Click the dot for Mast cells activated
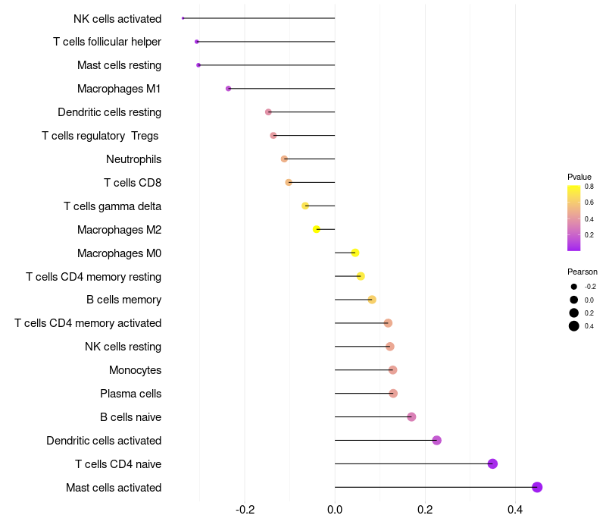537,487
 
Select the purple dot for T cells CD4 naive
492,463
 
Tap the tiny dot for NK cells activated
183,18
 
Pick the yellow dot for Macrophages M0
355,253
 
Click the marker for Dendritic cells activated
437,441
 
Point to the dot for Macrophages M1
229,89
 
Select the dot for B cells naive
411,416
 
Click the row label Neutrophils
134,159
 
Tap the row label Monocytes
136,370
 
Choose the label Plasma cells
130,394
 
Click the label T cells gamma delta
112,206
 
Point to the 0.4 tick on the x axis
515,510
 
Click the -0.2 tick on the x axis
245,510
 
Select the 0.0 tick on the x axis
335,510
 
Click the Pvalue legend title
579,177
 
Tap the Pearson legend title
583,272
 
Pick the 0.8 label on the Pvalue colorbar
589,187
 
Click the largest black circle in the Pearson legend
574,326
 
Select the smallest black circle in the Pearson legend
574,287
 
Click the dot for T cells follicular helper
197,42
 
